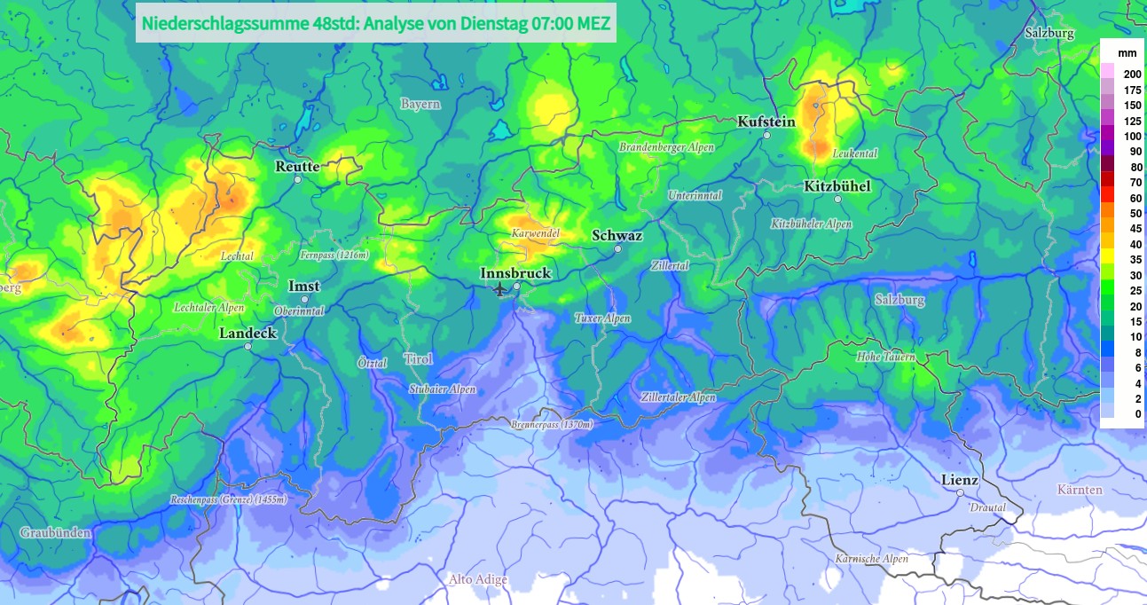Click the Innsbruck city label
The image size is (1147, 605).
[x=515, y=273]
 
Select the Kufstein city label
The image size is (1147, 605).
[x=766, y=122]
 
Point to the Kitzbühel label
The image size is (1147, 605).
[x=837, y=186]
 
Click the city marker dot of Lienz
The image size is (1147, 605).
[x=961, y=493]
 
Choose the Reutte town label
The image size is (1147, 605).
[x=297, y=167]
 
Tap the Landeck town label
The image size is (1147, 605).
[x=248, y=334]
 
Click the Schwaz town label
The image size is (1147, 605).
[x=617, y=236]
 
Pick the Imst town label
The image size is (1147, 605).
[x=304, y=287]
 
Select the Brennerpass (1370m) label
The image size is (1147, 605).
[x=551, y=425]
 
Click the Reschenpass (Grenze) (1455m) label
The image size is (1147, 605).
[x=229, y=500]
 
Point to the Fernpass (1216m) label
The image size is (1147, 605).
[x=334, y=255]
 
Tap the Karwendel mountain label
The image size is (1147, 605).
[x=535, y=233]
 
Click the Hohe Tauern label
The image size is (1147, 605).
[x=884, y=357]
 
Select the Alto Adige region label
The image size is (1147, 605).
[x=478, y=580]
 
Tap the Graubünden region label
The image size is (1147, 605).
[x=55, y=533]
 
